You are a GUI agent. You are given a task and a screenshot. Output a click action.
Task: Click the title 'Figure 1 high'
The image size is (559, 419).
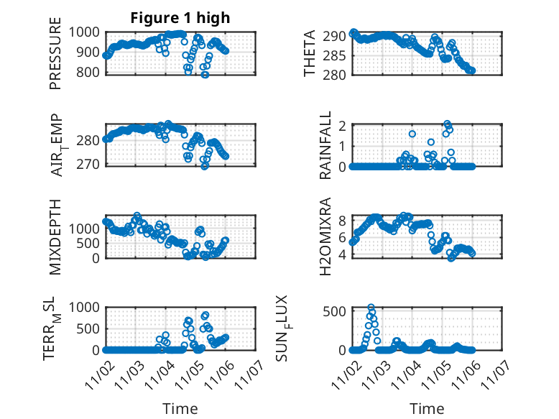(x=180, y=18)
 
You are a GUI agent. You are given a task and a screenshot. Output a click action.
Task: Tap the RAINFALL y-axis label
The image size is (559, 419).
(x=325, y=145)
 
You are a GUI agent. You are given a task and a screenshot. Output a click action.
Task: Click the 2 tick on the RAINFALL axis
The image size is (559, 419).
(x=343, y=126)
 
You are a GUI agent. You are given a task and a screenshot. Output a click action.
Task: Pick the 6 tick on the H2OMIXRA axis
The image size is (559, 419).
(x=343, y=237)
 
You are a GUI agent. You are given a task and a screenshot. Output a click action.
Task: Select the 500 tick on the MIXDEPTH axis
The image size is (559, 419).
(x=92, y=243)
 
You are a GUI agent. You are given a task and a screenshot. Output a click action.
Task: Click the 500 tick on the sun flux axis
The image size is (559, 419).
(x=337, y=310)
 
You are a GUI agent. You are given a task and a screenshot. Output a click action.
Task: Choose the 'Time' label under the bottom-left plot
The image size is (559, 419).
(x=180, y=408)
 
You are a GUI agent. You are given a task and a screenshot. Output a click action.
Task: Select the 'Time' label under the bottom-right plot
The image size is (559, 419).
(x=427, y=408)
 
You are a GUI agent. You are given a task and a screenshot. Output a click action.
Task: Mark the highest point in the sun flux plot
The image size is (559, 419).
(x=371, y=308)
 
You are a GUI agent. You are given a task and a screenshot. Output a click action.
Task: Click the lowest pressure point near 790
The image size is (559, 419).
(x=205, y=74)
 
